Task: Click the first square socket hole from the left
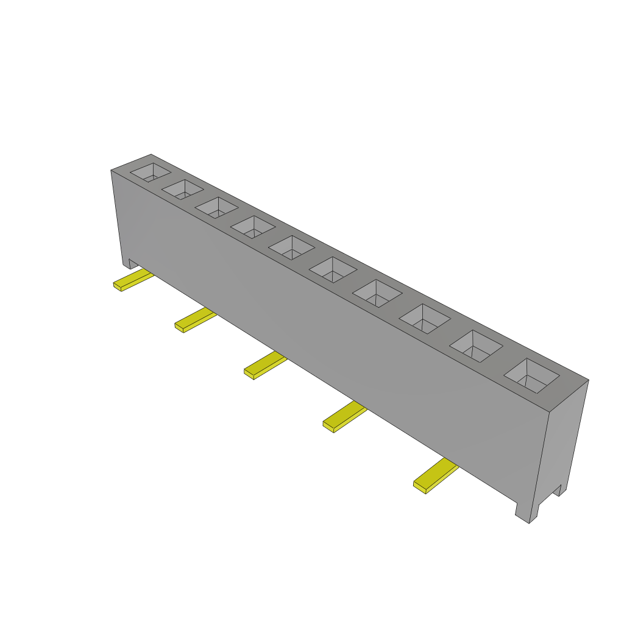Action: pyautogui.click(x=150, y=172)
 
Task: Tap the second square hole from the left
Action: pyautogui.click(x=182, y=190)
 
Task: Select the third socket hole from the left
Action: pyautogui.click(x=216, y=207)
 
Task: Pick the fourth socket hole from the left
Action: pyautogui.click(x=252, y=227)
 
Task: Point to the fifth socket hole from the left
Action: pyautogui.click(x=291, y=247)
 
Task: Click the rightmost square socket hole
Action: pyautogui.click(x=531, y=375)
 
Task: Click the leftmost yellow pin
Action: pyautogui.click(x=133, y=280)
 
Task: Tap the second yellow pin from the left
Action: pyautogui.click(x=194, y=320)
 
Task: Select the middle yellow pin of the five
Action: pyautogui.click(x=264, y=365)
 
